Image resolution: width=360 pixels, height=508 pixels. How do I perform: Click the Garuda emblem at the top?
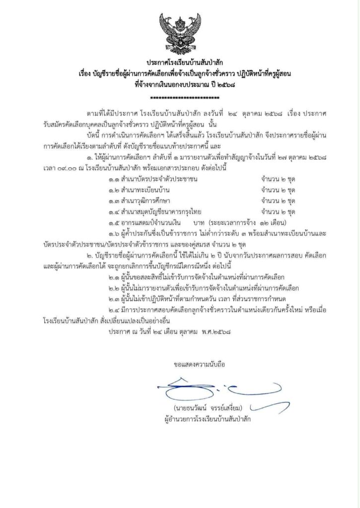(179, 31)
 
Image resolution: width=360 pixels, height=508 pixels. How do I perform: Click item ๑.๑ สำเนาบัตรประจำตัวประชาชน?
(151, 179)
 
